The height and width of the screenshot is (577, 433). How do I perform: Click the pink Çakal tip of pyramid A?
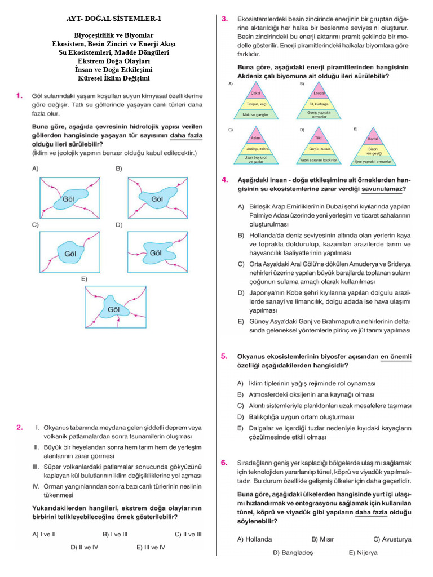tap(255, 94)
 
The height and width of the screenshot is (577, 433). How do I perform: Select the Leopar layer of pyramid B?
tap(319, 94)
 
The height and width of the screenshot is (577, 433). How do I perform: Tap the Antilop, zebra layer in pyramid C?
tap(255, 149)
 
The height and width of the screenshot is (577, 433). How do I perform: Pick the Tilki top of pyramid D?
tap(319, 139)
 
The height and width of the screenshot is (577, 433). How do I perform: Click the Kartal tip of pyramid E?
tap(372, 139)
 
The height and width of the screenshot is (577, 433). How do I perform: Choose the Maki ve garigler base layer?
tap(255, 114)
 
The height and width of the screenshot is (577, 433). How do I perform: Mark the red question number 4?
tap(224, 180)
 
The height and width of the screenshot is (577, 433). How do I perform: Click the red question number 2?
tap(20, 428)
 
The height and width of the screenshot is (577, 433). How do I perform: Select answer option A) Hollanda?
tap(254, 539)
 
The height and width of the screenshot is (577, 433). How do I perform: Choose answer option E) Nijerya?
tap(363, 553)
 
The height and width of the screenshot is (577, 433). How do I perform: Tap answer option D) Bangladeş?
tap(293, 553)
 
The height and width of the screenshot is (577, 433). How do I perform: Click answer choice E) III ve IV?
tap(151, 547)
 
